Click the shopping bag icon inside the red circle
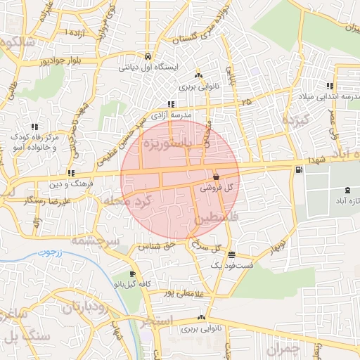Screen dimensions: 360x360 [x=214, y=177]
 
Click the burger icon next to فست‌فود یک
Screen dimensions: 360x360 [x=232, y=255]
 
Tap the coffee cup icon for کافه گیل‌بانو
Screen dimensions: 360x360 [x=132, y=274]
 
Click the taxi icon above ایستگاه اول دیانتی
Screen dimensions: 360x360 [x=147, y=56]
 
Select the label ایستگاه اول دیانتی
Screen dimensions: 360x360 [x=150, y=68]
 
